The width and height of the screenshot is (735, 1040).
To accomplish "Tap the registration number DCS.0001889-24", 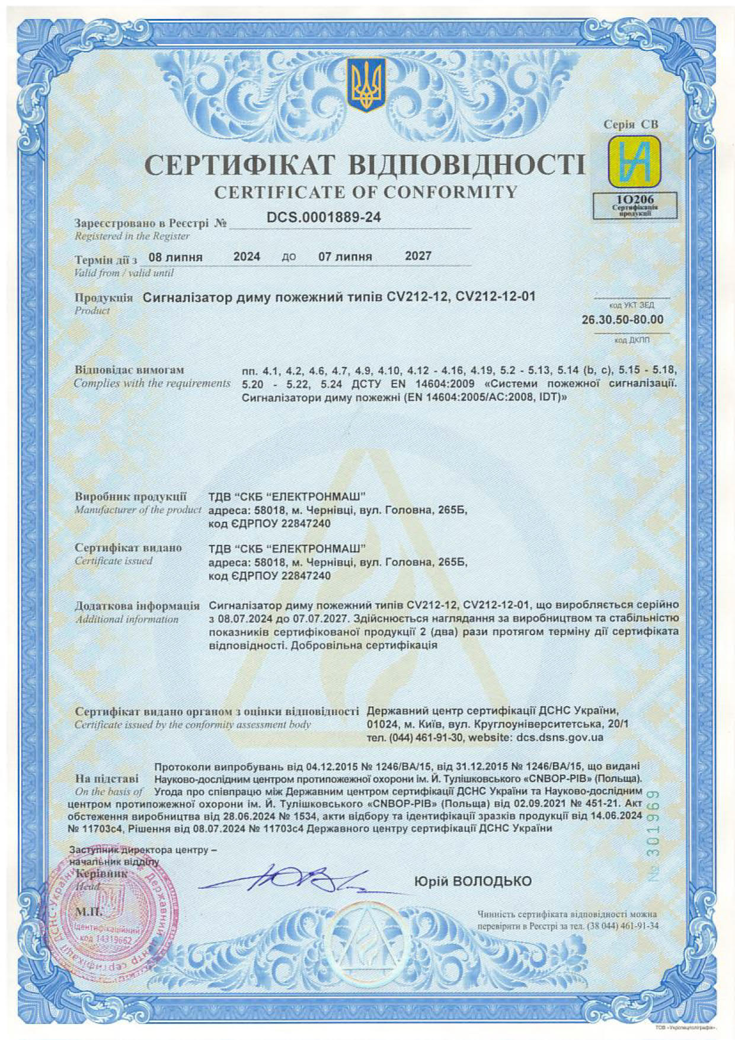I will [x=324, y=218].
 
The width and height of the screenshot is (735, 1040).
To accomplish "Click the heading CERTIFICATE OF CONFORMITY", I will [x=366, y=192].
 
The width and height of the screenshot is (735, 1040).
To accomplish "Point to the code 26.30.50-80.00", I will [x=622, y=320].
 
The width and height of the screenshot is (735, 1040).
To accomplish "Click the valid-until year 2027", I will [x=418, y=256].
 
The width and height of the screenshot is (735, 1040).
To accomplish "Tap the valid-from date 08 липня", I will [x=175, y=257].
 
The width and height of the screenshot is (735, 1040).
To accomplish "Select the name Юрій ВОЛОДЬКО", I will [x=473, y=882].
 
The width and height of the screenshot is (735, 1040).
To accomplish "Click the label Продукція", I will [x=104, y=297].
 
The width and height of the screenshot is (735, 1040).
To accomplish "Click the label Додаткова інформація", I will [x=137, y=606].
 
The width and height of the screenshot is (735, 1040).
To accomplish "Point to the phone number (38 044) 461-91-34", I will [x=622, y=926].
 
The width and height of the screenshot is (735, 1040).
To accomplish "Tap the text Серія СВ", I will [x=631, y=125].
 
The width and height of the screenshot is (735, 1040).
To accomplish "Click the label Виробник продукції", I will [x=130, y=496].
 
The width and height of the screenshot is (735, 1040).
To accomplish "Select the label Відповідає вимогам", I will [x=129, y=370].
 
